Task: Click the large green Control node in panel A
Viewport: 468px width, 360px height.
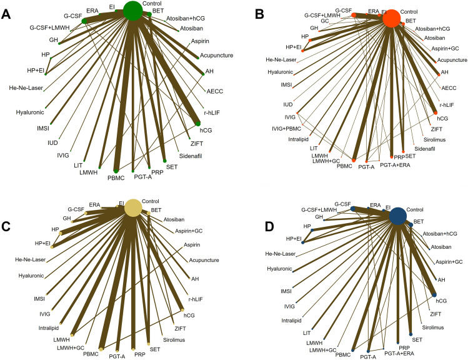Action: [x=132, y=11]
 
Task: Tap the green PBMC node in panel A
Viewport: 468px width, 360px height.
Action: [x=116, y=170]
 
